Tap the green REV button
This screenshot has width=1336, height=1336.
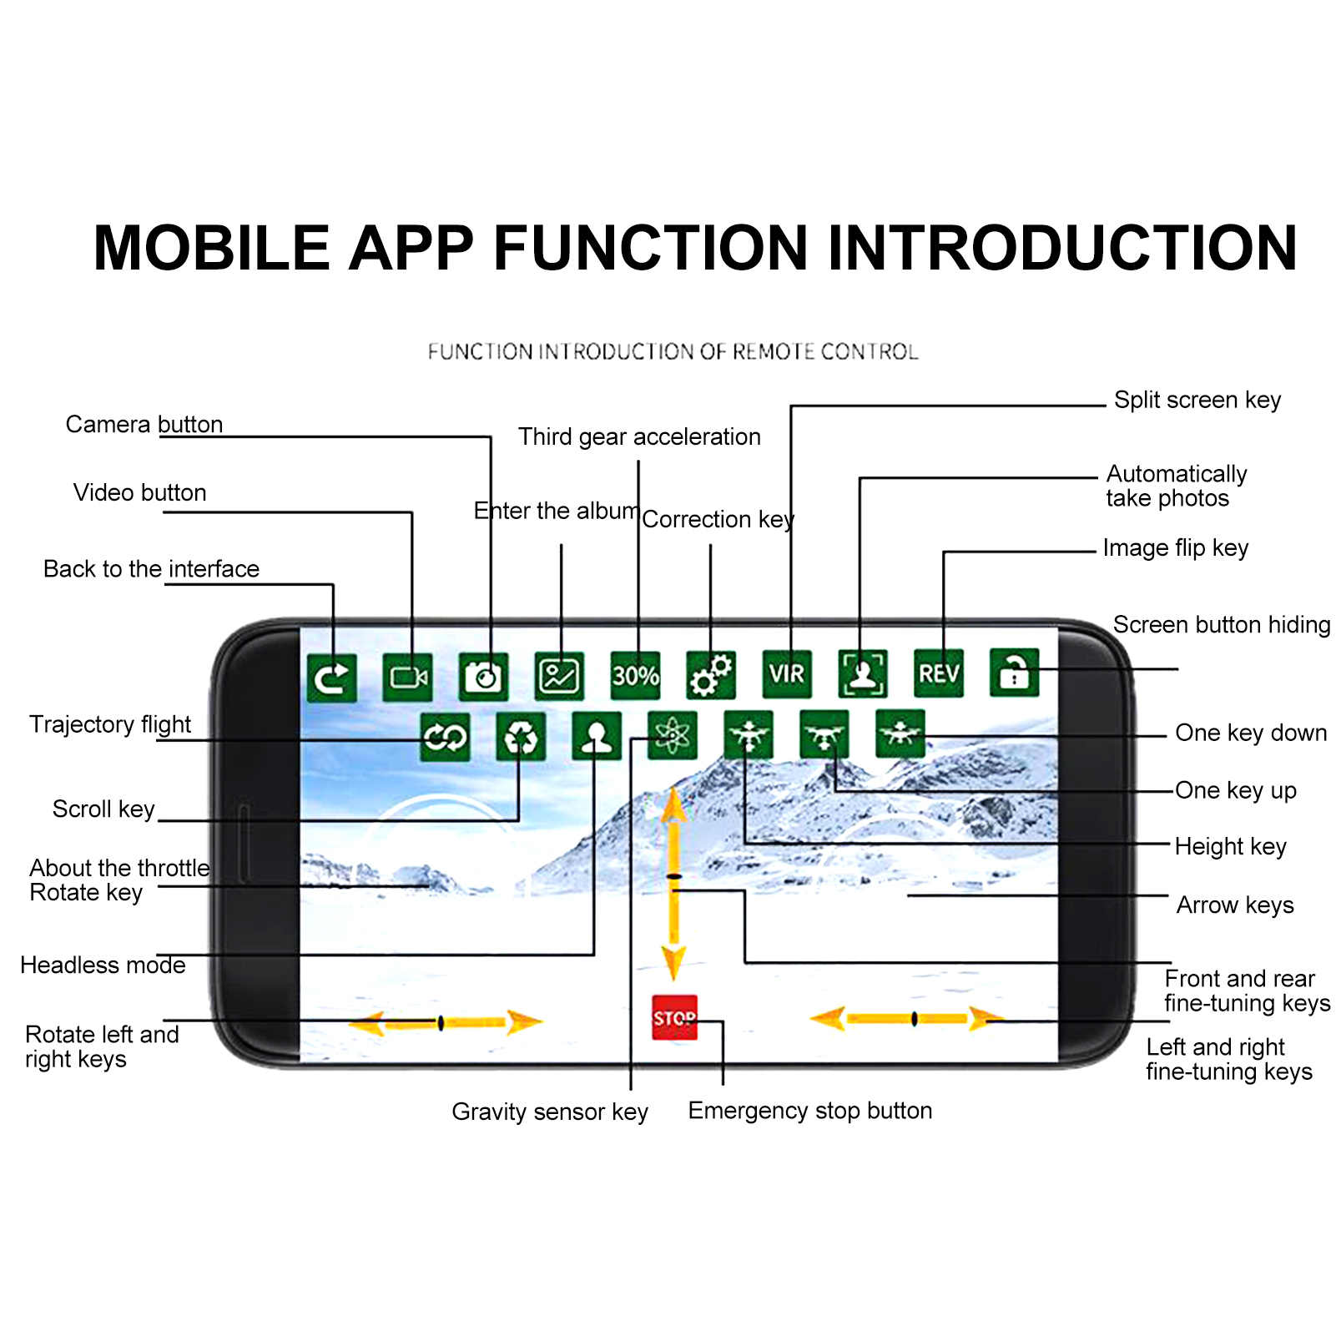coord(938,673)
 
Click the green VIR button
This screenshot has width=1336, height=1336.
coord(786,673)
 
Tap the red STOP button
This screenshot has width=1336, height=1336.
coord(674,1017)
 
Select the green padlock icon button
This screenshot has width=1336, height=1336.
coord(1014,673)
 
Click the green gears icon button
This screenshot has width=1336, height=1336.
coord(711,675)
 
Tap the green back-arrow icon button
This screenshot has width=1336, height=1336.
coord(331,677)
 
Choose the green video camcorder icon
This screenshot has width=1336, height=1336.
coord(407,677)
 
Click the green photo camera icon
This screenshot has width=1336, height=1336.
coord(483,676)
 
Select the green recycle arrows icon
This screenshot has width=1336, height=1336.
coord(521,737)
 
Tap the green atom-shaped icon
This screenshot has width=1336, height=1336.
coord(672,735)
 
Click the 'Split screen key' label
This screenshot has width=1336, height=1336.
coord(1197,400)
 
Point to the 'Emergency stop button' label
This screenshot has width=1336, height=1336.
coord(809,1111)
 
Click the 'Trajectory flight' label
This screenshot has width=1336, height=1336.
coord(110,723)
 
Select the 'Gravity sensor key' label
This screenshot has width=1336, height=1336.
coord(550,1112)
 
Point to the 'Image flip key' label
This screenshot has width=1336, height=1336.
coord(1175,548)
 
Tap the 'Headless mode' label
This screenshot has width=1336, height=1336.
coord(103,965)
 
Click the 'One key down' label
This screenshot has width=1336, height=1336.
coord(1250,733)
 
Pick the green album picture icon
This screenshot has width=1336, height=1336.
coord(559,676)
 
